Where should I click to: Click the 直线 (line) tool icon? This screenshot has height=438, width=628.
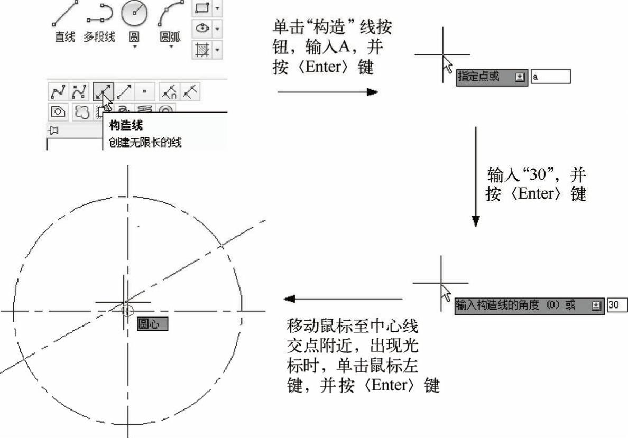[64, 14]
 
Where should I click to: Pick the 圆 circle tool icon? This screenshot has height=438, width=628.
[135, 13]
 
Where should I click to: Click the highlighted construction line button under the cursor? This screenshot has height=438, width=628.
[103, 92]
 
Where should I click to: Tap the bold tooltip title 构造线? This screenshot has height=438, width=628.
[126, 125]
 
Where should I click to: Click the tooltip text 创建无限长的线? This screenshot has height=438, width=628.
[145, 142]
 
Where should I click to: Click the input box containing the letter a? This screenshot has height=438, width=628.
[550, 77]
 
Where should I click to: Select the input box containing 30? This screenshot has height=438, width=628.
[617, 305]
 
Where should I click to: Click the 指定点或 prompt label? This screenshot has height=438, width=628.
[478, 76]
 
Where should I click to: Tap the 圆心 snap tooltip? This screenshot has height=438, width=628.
[152, 324]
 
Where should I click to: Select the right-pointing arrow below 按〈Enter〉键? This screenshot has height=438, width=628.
[328, 92]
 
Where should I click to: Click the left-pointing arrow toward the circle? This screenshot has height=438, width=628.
[343, 299]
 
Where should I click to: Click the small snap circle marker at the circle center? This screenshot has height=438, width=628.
[127, 311]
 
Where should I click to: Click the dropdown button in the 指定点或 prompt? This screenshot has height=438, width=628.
[520, 77]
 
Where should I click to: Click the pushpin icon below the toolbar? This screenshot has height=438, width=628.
[54, 130]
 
